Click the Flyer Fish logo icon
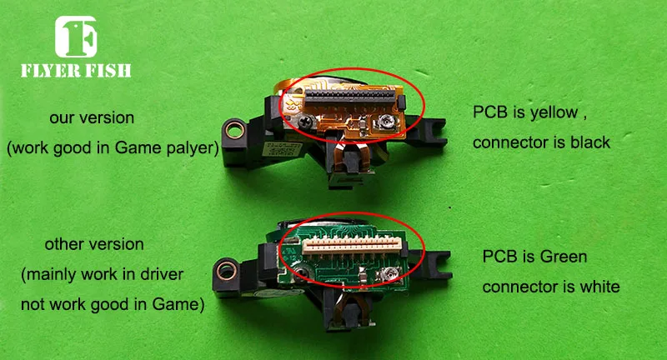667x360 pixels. [76, 37]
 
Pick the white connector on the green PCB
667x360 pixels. [351, 247]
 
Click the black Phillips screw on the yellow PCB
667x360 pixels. [305, 122]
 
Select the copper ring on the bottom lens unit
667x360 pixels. [227, 271]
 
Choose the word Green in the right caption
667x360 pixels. [564, 257]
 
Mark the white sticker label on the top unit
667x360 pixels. [282, 149]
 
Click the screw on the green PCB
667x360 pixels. [303, 272]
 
